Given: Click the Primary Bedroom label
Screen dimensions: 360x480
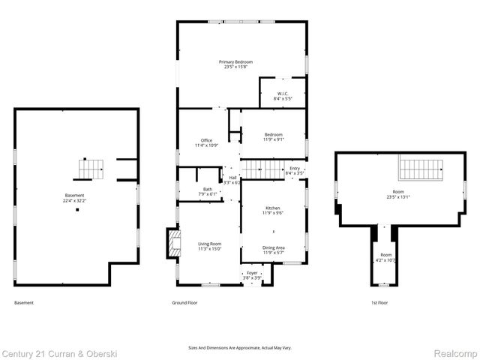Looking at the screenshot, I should pos(235,61).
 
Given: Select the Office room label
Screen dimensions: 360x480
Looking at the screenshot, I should pos(206,140).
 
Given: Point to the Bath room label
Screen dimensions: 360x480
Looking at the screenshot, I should pos(208,189).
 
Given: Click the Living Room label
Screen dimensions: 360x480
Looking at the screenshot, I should pos(209,244).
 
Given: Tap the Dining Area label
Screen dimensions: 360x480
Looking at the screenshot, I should pos(272,247).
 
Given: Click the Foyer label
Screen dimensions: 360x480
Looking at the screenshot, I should pos(252,273).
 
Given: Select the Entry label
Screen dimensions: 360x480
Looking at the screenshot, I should pos(295,169).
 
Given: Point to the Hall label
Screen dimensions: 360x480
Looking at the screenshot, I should pos(232,178).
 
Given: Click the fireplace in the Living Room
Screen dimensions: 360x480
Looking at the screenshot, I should pos(174,244).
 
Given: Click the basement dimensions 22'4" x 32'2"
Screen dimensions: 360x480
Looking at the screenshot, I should pos(76,201).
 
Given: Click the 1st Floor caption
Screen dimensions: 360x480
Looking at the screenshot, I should pos(380,302).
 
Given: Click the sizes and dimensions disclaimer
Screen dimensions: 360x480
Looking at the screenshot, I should pos(239,347).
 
